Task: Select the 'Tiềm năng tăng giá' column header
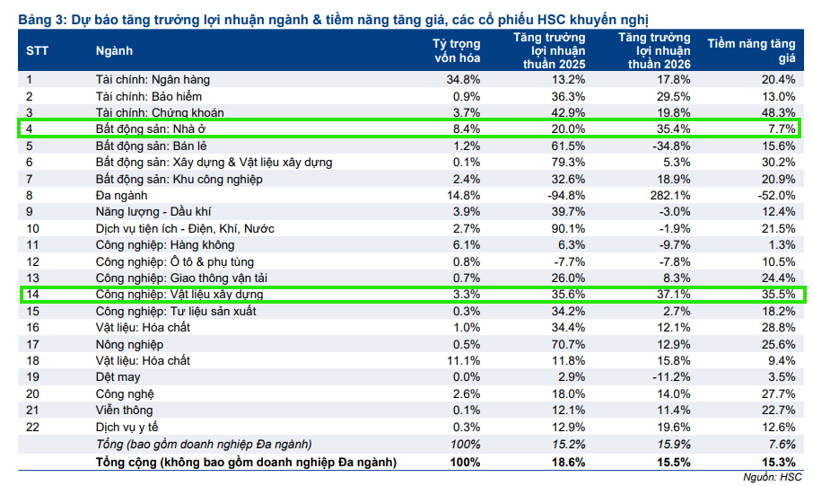click(751, 50)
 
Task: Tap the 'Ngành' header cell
click(114, 51)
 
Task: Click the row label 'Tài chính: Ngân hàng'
click(153, 79)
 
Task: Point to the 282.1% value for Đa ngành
click(673, 195)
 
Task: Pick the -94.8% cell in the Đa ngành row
click(567, 195)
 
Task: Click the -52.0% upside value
click(776, 195)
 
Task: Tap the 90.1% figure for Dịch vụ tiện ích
click(569, 228)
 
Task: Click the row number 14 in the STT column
click(33, 294)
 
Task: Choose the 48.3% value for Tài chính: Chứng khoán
click(778, 112)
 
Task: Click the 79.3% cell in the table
click(569, 162)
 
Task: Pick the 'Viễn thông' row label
click(124, 410)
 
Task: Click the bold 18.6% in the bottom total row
click(569, 461)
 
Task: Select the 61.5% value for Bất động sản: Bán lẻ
click(569, 146)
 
